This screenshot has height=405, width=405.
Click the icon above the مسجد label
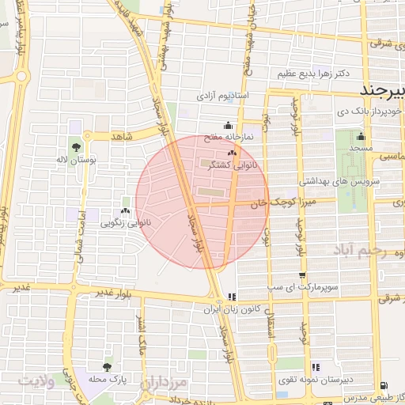(x=361, y=136)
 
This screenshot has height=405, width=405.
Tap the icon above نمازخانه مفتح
(x=228, y=125)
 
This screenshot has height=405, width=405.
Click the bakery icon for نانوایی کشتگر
(x=232, y=153)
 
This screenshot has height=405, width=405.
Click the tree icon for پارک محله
(x=107, y=367)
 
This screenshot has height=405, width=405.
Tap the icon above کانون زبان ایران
(x=232, y=297)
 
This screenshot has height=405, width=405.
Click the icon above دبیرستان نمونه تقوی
(x=316, y=367)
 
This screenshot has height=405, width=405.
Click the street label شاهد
(x=122, y=137)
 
